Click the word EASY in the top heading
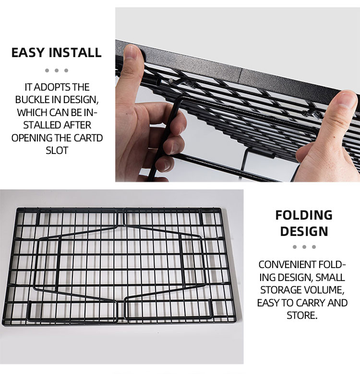[28, 52]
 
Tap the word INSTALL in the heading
[75, 52]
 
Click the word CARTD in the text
[88, 138]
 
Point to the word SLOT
[57, 151]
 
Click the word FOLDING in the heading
[304, 215]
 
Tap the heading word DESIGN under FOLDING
[304, 231]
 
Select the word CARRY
[311, 303]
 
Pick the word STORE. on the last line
[302, 316]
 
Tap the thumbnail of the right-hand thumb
[346, 100]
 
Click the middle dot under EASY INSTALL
[57, 70]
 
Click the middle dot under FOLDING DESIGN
[304, 247]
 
